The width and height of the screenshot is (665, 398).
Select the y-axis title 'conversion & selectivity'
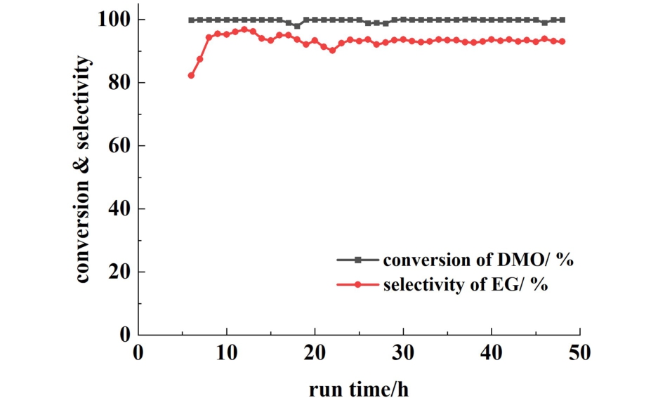click(83, 171)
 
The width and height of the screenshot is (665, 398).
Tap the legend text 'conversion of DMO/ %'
click(479, 260)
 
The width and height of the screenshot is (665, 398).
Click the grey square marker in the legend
click(357, 260)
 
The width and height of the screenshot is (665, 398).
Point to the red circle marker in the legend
click(357, 285)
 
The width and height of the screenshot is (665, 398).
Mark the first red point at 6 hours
click(191, 75)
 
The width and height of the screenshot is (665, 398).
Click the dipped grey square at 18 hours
click(297, 26)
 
